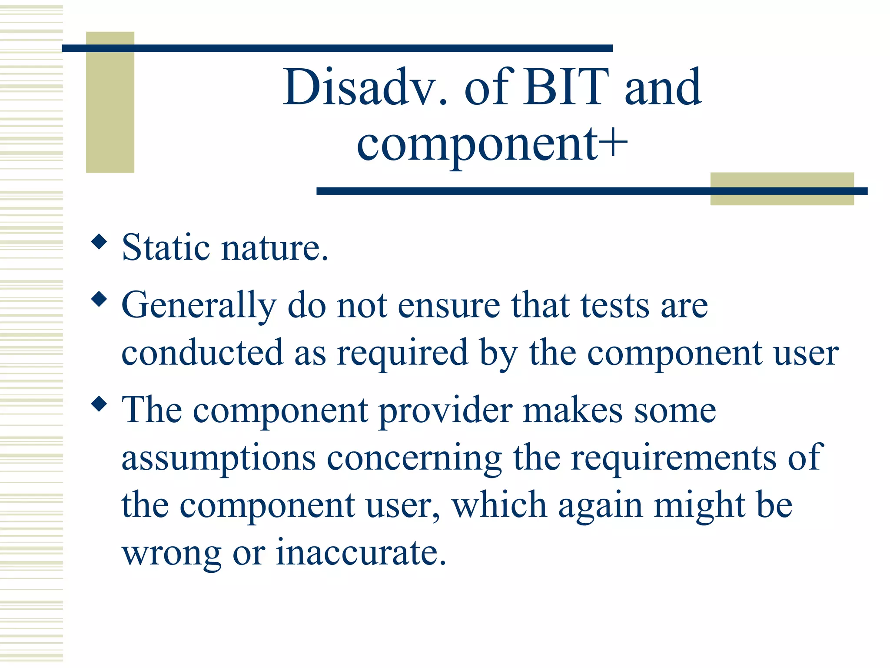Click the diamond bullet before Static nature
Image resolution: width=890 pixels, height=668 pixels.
tap(100, 241)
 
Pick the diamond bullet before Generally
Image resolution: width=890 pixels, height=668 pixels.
tap(100, 299)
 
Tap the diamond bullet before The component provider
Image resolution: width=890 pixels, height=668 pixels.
tap(100, 404)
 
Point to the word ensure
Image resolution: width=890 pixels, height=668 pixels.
tap(449, 306)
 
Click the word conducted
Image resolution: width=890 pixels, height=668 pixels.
tap(202, 353)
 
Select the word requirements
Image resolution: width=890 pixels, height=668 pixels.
tap(673, 458)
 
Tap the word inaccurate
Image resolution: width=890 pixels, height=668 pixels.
tap(361, 553)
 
